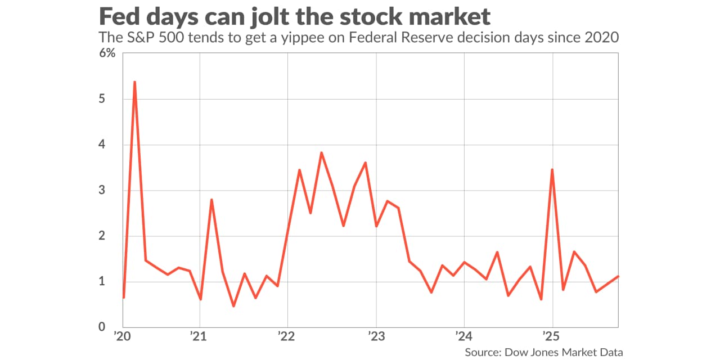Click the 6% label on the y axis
(107, 53)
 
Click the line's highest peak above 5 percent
(134, 82)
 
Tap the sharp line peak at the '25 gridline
(552, 169)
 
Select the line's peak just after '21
(211, 200)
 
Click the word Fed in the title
(119, 16)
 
